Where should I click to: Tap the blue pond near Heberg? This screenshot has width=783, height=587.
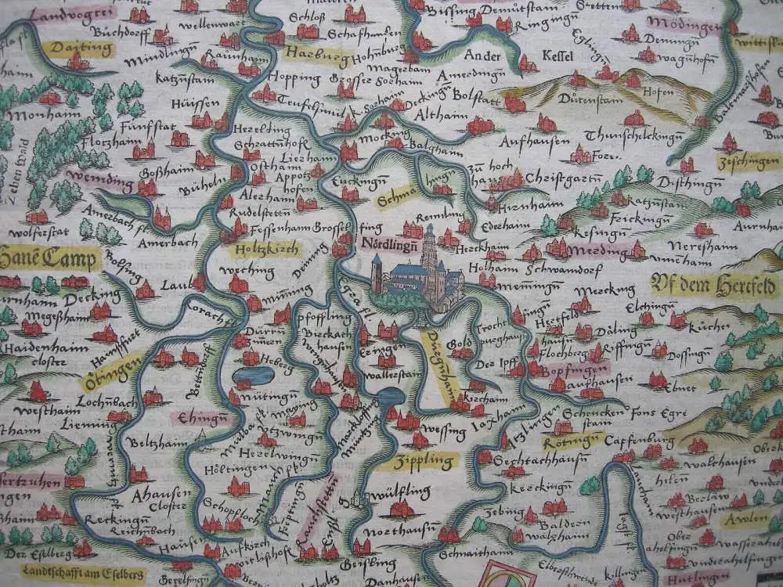pyautogui.click(x=254, y=376)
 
